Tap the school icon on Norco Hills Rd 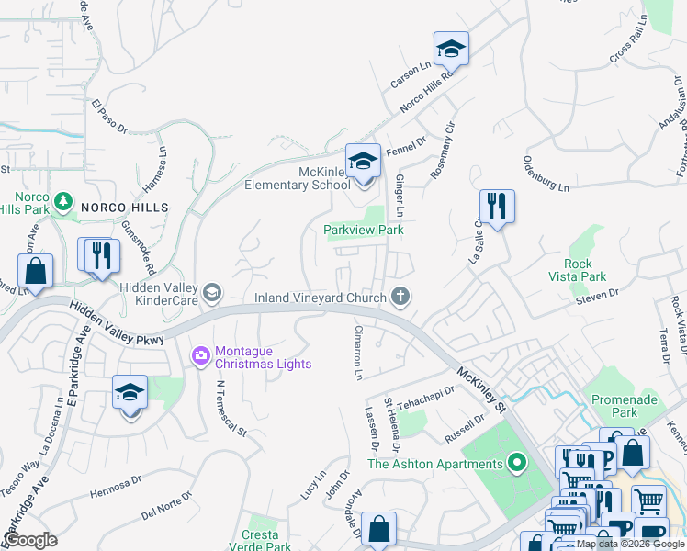point(451,49)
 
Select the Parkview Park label point(364,230)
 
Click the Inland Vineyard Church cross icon point(400,297)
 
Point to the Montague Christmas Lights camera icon point(200,354)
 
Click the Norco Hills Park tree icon point(62,199)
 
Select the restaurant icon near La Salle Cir point(497,207)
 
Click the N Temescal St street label point(231,410)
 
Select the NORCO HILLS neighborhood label point(125,208)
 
